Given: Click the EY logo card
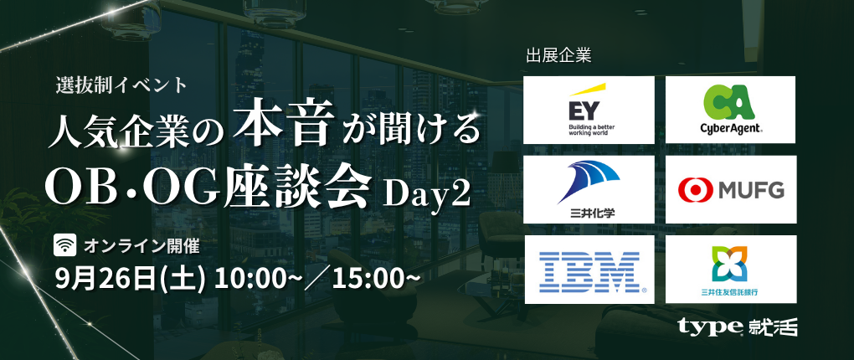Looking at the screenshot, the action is (x=589, y=110).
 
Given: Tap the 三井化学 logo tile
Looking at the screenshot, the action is (x=589, y=189).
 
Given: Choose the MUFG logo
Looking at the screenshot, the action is (x=730, y=189).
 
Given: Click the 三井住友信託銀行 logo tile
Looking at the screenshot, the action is (x=730, y=270).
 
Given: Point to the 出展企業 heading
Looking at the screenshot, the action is (x=558, y=56).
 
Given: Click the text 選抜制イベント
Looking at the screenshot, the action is (x=121, y=85).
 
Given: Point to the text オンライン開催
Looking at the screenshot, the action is (x=141, y=246).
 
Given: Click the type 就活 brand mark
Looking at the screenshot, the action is (x=738, y=327).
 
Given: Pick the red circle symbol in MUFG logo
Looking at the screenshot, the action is (x=696, y=190).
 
